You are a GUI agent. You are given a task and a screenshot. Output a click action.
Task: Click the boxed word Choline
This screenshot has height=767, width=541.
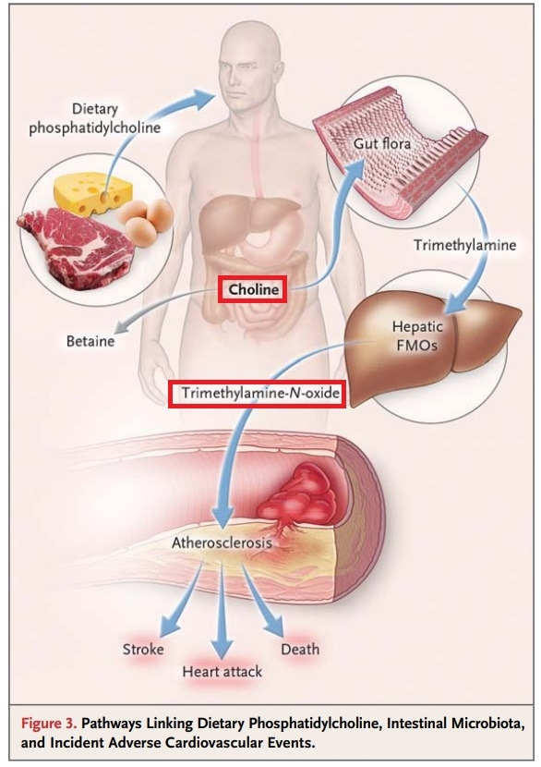pyautogui.click(x=253, y=289)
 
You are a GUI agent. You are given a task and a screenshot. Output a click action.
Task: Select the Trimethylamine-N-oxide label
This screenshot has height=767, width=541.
pyautogui.click(x=260, y=393)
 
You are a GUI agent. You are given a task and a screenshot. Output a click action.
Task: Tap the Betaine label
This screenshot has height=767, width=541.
pyautogui.click(x=90, y=341)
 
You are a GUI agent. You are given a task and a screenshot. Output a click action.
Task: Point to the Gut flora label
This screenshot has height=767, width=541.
pyautogui.click(x=382, y=144)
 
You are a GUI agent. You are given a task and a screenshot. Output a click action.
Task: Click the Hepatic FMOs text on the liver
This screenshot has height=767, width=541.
pyautogui.click(x=417, y=335)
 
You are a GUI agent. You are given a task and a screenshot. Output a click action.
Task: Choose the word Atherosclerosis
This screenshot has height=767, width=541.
pyautogui.click(x=222, y=543)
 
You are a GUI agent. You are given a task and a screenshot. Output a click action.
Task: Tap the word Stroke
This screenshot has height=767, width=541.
pyautogui.click(x=143, y=649)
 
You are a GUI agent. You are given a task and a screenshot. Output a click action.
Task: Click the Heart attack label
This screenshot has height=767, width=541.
pyautogui.click(x=222, y=672)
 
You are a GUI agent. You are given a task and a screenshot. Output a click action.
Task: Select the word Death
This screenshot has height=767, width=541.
pyautogui.click(x=300, y=649)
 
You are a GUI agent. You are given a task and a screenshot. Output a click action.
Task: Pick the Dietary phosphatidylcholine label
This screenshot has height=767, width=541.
pyautogui.click(x=95, y=119)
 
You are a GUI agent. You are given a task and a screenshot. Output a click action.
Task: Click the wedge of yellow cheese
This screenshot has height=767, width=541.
pyautogui.click(x=92, y=193)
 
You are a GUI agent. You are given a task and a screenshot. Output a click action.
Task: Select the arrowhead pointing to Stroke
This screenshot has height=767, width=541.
pyautogui.click(x=170, y=626)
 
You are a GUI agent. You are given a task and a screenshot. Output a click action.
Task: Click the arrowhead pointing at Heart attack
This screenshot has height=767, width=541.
pyautogui.click(x=222, y=646)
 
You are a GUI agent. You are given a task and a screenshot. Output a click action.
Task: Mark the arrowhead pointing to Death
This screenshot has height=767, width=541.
pyautogui.click(x=274, y=626)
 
